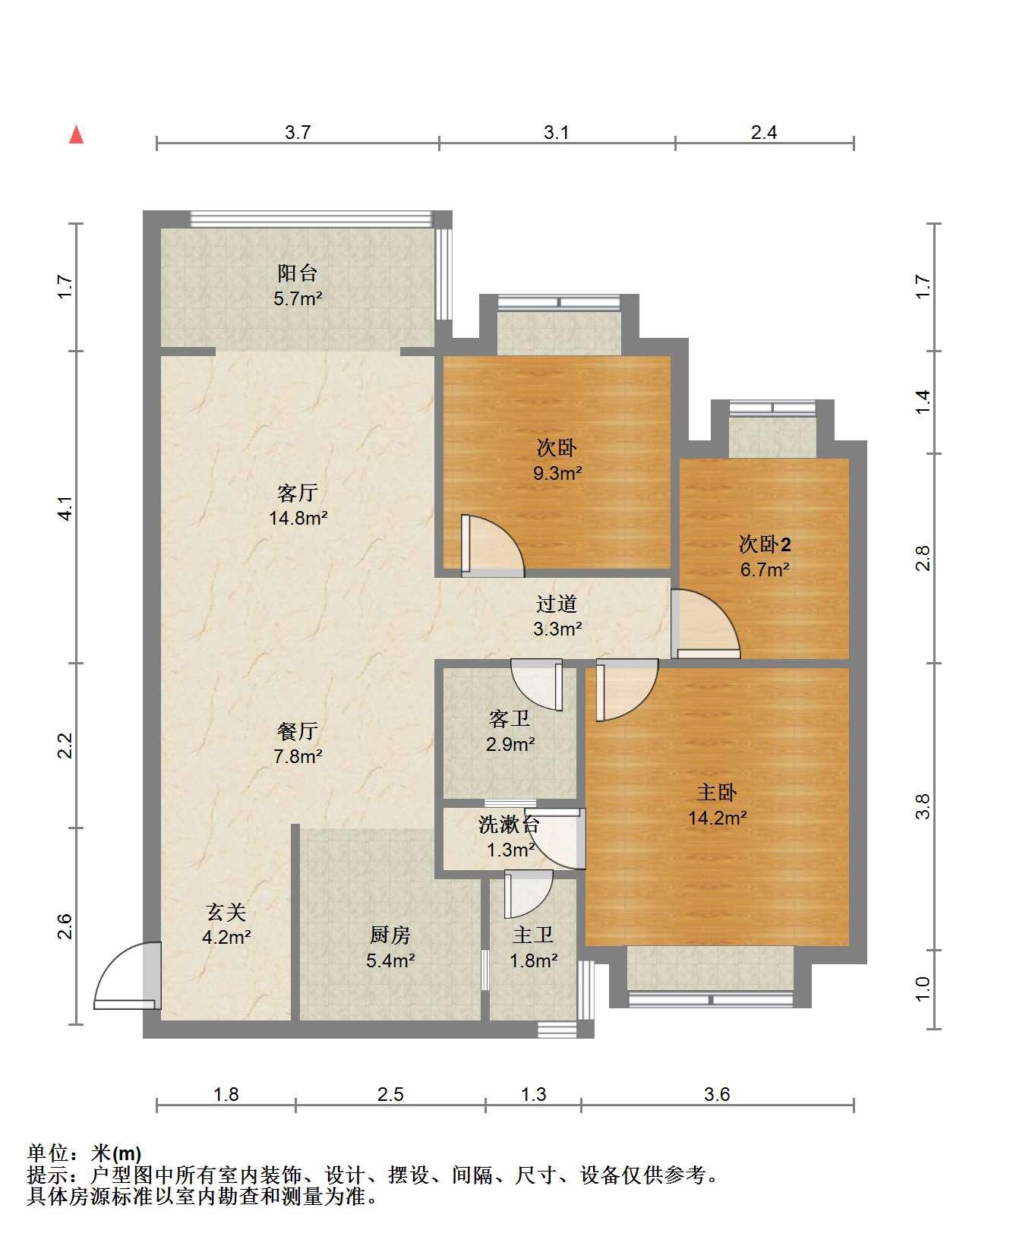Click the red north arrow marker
coord(76,134)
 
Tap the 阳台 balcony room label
coord(298,273)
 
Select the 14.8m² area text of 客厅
coord(298,519)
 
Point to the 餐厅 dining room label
coord(298,731)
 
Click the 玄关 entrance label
coord(226,911)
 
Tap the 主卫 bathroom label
coord(533,935)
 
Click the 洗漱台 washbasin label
coord(509,825)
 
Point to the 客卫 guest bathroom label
coord(510,718)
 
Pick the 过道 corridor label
coord(557,604)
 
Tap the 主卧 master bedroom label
coord(717,793)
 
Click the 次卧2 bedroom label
coord(765,544)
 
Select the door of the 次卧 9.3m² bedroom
coord(492,544)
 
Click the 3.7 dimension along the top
coord(298,133)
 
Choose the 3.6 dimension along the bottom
coord(717,1094)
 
